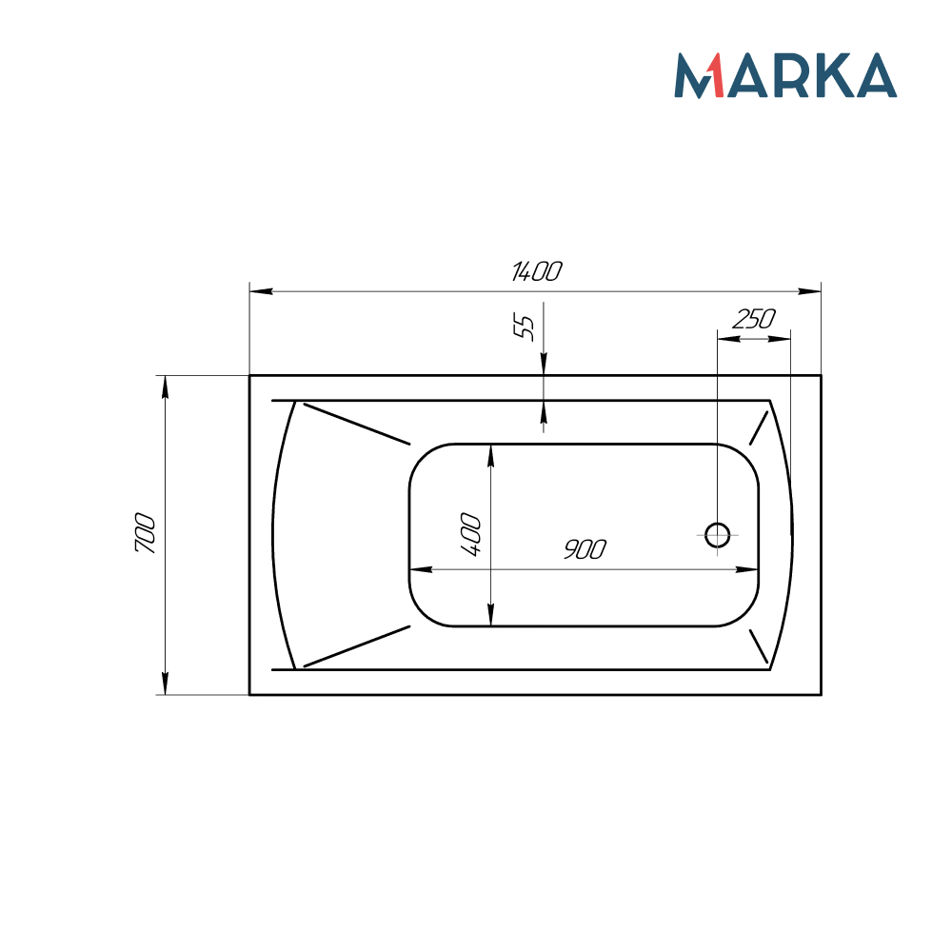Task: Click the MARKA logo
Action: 785,75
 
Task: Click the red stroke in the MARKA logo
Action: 714,76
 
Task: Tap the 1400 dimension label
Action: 536,271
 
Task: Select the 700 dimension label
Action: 145,534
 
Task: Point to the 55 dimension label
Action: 525,327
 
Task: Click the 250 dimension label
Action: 753,320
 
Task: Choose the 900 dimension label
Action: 584,549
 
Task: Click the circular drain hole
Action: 717,535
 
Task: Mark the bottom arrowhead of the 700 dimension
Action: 165,683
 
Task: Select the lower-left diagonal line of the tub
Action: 356,646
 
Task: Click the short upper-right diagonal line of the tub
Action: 759,428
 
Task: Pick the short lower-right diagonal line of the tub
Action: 759,645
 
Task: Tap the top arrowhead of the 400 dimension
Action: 490,455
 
